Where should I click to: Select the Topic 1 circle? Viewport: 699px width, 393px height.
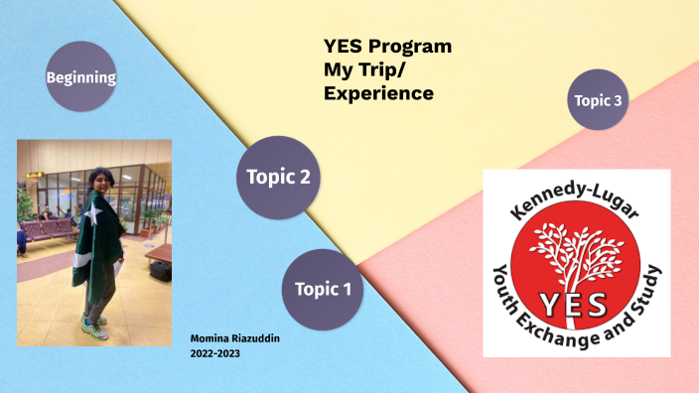(323, 290)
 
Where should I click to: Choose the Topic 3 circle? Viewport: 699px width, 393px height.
(599, 99)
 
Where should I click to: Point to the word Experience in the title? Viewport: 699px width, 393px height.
(378, 94)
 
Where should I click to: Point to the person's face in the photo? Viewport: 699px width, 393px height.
(102, 180)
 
